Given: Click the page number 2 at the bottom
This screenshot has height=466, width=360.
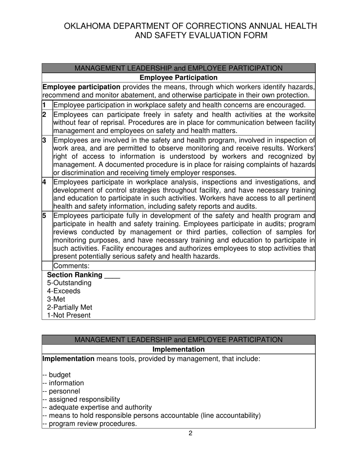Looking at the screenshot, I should click(190, 433).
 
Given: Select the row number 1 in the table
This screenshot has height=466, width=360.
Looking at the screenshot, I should click(44, 105).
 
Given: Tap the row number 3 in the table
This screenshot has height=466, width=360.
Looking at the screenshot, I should click(44, 140).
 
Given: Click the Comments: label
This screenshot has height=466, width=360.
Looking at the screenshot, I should click(72, 266).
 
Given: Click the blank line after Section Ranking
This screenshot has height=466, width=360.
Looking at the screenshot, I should click(112, 275).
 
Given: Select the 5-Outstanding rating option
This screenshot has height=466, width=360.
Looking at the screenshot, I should click(69, 283).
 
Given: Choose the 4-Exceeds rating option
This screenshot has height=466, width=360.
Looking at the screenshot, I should click(64, 291).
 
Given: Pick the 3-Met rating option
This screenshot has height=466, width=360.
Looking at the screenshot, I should click(56, 299).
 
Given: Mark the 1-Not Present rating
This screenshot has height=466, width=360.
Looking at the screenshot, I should click(69, 315).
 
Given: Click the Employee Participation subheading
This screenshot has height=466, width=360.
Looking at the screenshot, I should click(178, 78).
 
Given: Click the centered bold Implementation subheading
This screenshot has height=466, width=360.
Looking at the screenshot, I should click(178, 349).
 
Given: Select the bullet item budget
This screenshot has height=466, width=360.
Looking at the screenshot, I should click(59, 375).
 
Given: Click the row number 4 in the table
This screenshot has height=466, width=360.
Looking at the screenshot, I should click(44, 181).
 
